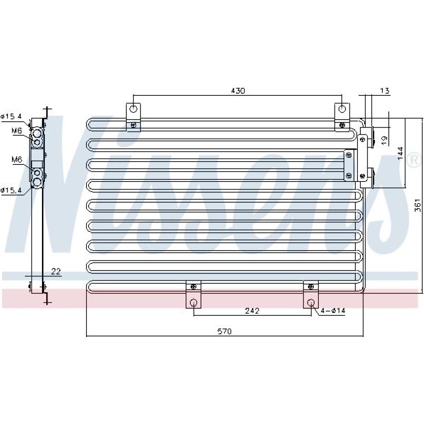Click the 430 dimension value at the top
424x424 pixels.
238,91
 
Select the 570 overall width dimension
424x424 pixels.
224,331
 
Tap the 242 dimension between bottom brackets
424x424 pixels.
252,311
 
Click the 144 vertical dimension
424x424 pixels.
401,153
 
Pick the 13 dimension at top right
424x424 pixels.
385,91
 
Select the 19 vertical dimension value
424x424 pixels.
384,140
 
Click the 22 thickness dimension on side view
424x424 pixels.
56,271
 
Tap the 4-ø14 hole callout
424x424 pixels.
333,311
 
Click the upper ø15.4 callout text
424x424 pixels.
11,116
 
